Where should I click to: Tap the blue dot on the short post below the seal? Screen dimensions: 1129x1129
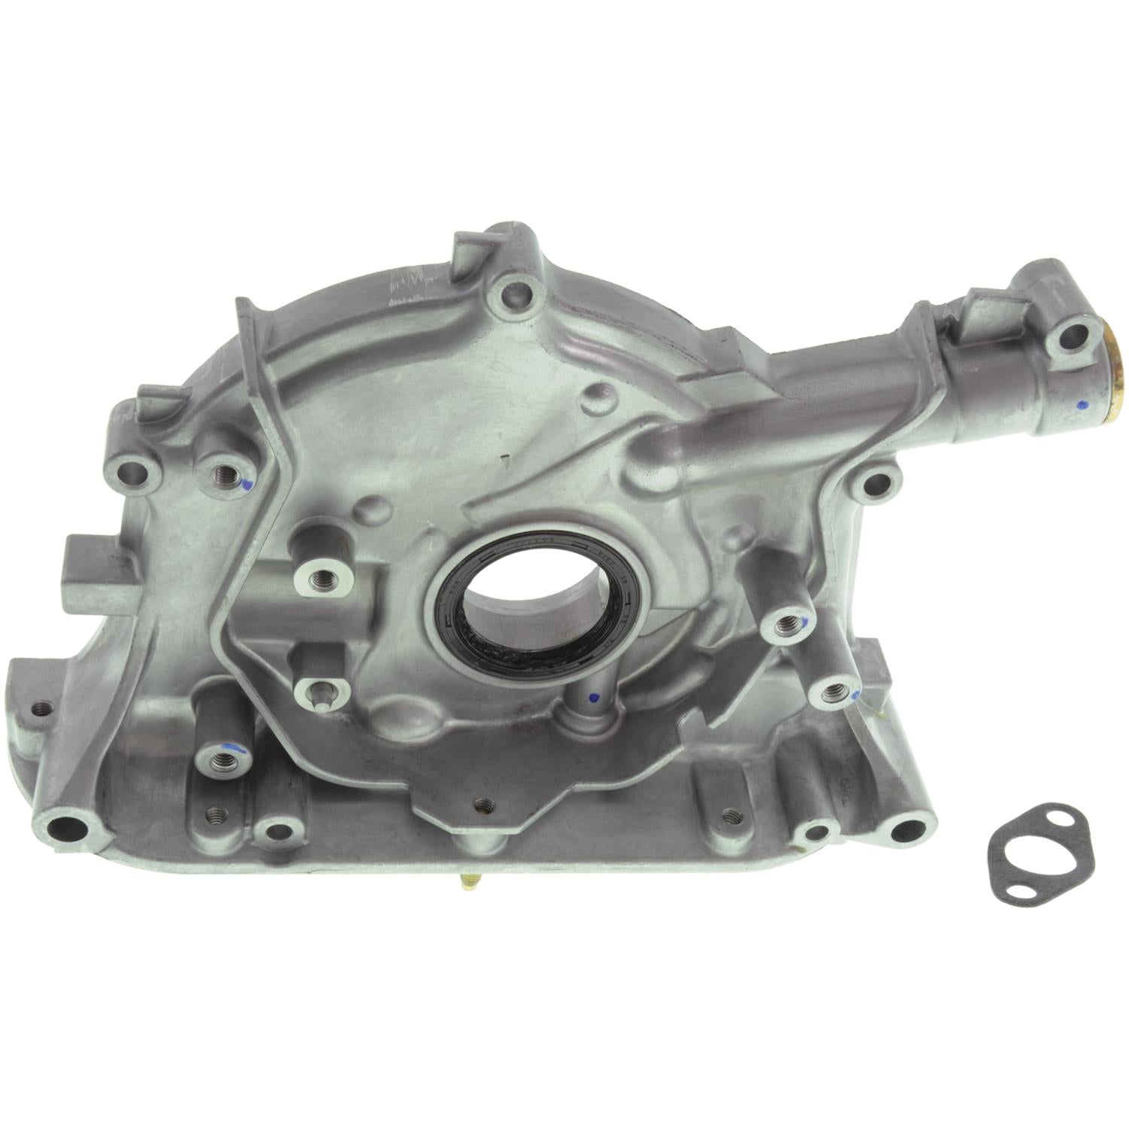(x=594, y=696)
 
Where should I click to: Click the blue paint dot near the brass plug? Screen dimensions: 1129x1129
(x=1080, y=404)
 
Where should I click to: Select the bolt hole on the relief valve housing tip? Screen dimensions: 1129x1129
(x=1072, y=337)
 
